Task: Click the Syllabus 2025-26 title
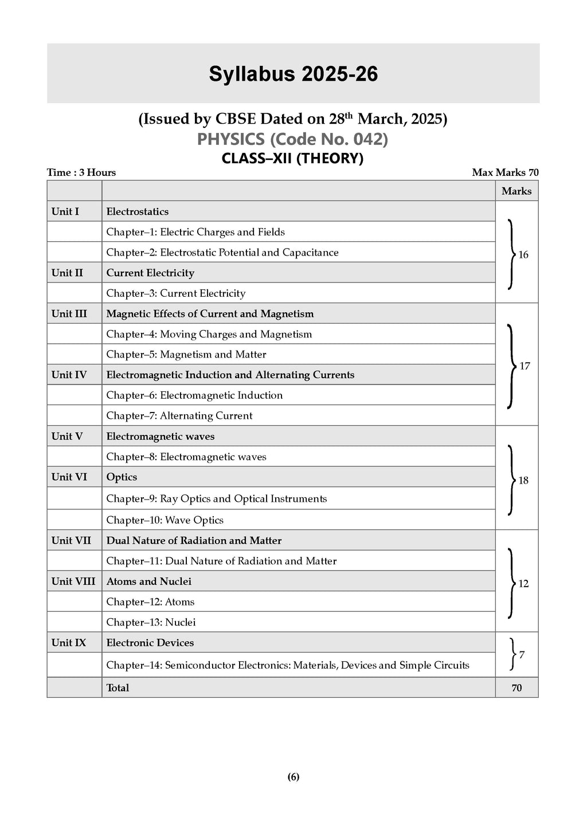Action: [x=293, y=74]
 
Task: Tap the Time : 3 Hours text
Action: [x=81, y=172]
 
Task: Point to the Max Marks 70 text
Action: [x=505, y=172]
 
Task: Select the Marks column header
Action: [x=516, y=191]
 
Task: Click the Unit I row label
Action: [x=65, y=211]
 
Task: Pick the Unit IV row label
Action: [x=69, y=375]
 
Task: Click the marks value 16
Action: [x=523, y=255]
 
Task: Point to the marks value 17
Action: [x=525, y=366]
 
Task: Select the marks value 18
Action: [x=523, y=481]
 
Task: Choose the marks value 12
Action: [x=523, y=584]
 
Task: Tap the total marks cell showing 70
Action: [x=516, y=688]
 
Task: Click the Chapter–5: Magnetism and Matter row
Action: [x=186, y=355]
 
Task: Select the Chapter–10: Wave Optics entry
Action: [x=165, y=520]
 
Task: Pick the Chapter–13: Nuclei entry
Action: [x=151, y=622]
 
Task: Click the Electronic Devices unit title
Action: [x=150, y=643]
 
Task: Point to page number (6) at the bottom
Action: [x=293, y=777]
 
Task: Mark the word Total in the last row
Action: [x=118, y=688]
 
